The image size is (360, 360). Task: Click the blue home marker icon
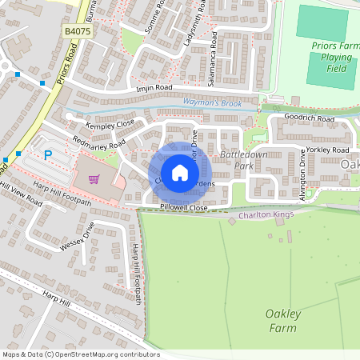180,172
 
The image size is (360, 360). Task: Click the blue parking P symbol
47,155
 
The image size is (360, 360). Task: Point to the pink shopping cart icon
94,179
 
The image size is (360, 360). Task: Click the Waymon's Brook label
211,103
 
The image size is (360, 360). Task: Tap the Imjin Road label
154,87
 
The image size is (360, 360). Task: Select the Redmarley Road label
98,142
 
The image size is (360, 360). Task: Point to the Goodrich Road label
310,118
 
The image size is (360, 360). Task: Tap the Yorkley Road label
328,150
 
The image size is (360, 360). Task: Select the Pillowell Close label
183,208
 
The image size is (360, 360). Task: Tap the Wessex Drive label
78,238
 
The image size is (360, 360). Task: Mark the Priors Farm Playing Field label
331,57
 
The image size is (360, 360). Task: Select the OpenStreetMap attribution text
81,354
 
